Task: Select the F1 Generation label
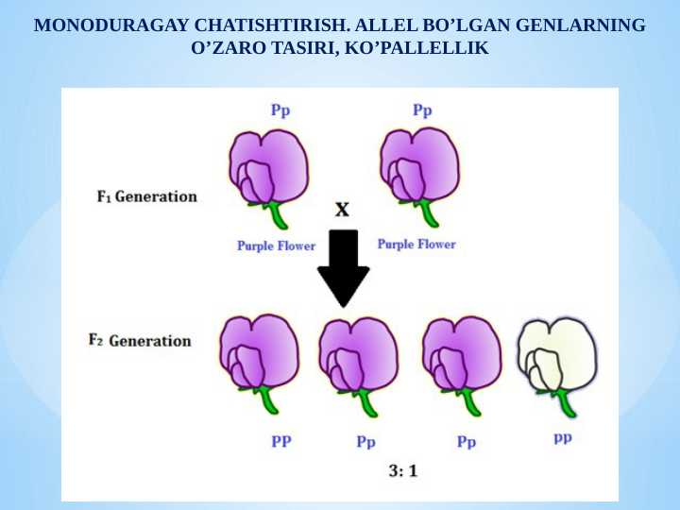point(146,197)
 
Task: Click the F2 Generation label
point(139,341)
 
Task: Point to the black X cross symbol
point(342,210)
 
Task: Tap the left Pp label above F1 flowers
point(280,110)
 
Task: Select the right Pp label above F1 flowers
point(422,110)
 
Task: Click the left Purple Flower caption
point(276,246)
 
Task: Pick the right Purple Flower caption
point(416,244)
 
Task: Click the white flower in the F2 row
point(557,354)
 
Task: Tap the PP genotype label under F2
point(281,440)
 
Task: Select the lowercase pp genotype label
point(563,437)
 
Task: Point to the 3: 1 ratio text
point(404,470)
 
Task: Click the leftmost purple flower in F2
point(259,354)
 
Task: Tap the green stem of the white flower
point(568,404)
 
